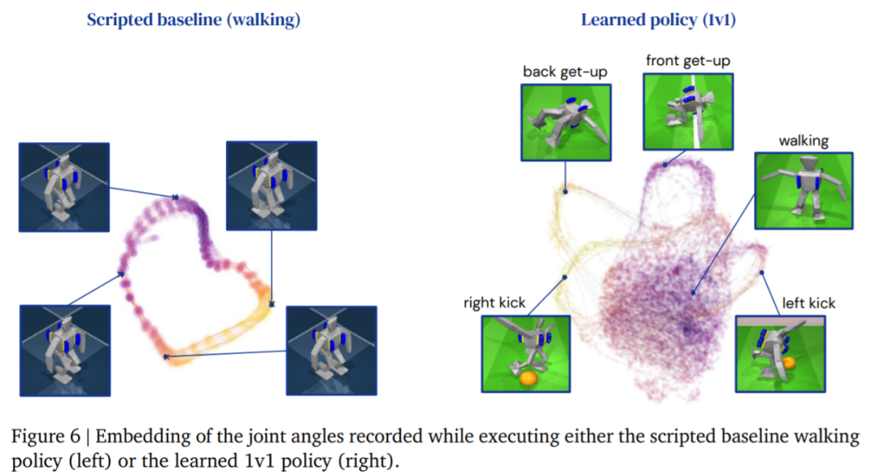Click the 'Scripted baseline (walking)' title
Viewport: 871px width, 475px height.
point(194,20)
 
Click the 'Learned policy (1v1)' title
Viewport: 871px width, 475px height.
point(658,20)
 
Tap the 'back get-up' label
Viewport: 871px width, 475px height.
point(565,73)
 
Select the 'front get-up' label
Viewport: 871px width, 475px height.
point(688,60)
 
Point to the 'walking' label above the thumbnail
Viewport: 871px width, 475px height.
point(803,141)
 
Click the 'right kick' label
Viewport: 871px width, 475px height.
point(494,302)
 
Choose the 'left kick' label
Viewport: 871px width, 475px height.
point(808,303)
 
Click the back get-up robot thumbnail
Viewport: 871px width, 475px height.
point(566,123)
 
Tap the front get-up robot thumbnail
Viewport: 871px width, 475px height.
point(688,111)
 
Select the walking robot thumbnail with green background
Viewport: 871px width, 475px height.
point(803,190)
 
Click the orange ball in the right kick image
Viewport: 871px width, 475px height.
point(528,378)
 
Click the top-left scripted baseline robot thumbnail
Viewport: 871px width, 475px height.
point(64,187)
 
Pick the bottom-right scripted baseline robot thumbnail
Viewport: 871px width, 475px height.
point(331,351)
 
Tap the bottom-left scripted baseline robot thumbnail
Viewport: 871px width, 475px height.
point(65,351)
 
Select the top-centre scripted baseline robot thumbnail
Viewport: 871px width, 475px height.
point(272,185)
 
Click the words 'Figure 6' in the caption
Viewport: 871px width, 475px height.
point(45,436)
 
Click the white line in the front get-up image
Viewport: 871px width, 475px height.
point(695,111)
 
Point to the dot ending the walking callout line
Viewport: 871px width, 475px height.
point(694,292)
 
